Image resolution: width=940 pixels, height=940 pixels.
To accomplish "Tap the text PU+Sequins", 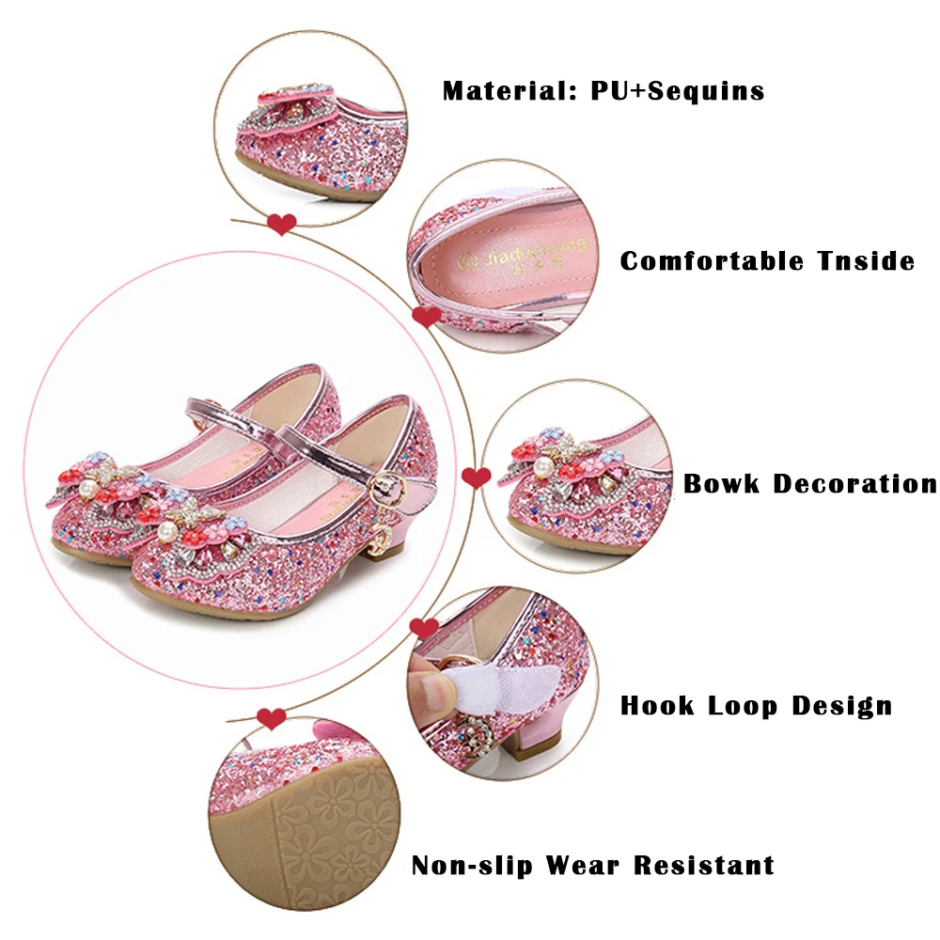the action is tap(678, 91).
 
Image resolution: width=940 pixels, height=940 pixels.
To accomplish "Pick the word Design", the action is tap(841, 705).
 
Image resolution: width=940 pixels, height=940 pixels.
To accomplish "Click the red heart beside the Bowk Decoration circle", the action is tap(476, 478).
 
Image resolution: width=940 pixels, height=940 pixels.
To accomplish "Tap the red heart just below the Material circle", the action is tap(282, 224).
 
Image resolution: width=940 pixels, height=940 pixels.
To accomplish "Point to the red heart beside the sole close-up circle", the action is tap(272, 719).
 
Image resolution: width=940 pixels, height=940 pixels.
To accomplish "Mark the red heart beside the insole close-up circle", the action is tap(427, 317).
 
